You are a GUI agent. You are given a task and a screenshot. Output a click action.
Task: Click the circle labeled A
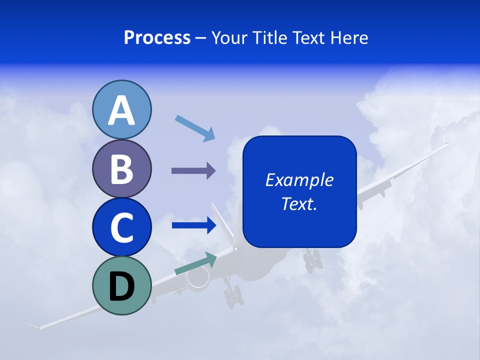point(122,109)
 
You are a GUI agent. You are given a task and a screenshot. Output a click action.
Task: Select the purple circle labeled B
point(122,168)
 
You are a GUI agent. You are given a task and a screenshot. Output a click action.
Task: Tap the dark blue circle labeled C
point(122,227)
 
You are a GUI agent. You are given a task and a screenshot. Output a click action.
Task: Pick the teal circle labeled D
point(122,285)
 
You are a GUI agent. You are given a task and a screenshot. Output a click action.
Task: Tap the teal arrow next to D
point(195,263)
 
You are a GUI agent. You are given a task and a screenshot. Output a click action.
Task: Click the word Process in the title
point(157,37)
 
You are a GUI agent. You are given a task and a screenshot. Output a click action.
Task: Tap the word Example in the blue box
point(299,180)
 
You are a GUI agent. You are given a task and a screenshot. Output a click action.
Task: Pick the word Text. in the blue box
point(299,203)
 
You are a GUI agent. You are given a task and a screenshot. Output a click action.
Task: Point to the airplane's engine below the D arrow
point(197,278)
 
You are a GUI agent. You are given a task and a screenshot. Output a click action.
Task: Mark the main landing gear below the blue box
point(313,260)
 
